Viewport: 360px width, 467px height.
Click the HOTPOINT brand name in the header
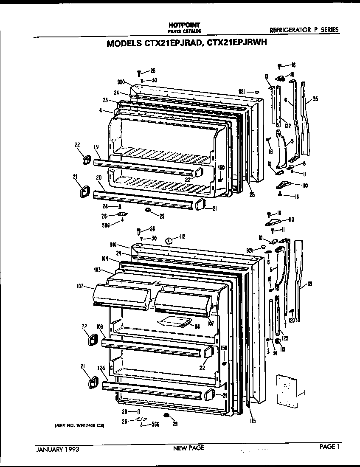click(x=182, y=26)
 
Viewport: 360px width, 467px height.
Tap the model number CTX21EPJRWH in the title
click(x=236, y=43)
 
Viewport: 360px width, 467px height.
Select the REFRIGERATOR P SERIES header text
click(x=304, y=30)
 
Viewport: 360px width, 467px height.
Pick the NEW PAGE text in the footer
click(x=188, y=448)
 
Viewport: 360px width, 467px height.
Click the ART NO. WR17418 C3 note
click(x=79, y=425)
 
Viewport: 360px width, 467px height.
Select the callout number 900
click(x=121, y=83)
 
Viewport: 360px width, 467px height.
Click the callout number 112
click(x=183, y=237)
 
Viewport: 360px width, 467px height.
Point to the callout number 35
click(x=315, y=99)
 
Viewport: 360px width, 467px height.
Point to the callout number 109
click(x=100, y=326)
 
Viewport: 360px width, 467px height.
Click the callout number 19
click(x=96, y=147)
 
